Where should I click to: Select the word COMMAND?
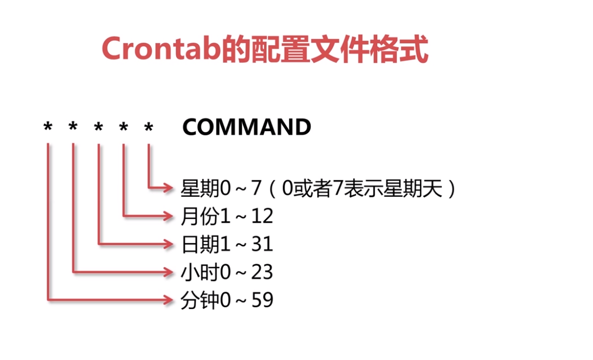247,127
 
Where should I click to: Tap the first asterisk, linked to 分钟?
48,127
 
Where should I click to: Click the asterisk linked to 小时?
73,127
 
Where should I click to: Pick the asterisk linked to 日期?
98,127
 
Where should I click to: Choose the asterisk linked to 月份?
124,127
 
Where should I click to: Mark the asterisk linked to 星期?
149,127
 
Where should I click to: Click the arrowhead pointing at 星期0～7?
169,188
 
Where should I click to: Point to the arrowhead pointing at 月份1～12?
169,216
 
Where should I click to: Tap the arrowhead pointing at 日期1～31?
169,244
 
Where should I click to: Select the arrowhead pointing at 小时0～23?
169,272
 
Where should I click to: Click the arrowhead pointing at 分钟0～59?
169,299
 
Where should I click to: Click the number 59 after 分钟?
262,300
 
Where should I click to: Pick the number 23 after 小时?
262,272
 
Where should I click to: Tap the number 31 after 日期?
262,245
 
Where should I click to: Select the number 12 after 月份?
262,217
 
